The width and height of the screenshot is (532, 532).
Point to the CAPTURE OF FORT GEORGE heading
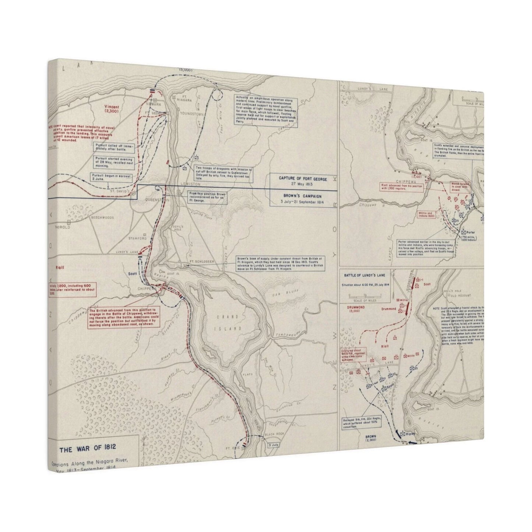point(303,179)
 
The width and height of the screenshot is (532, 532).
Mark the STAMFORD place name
point(137,239)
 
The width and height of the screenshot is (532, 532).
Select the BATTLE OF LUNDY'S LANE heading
point(366,275)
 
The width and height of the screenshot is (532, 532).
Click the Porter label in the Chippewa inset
point(471,233)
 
